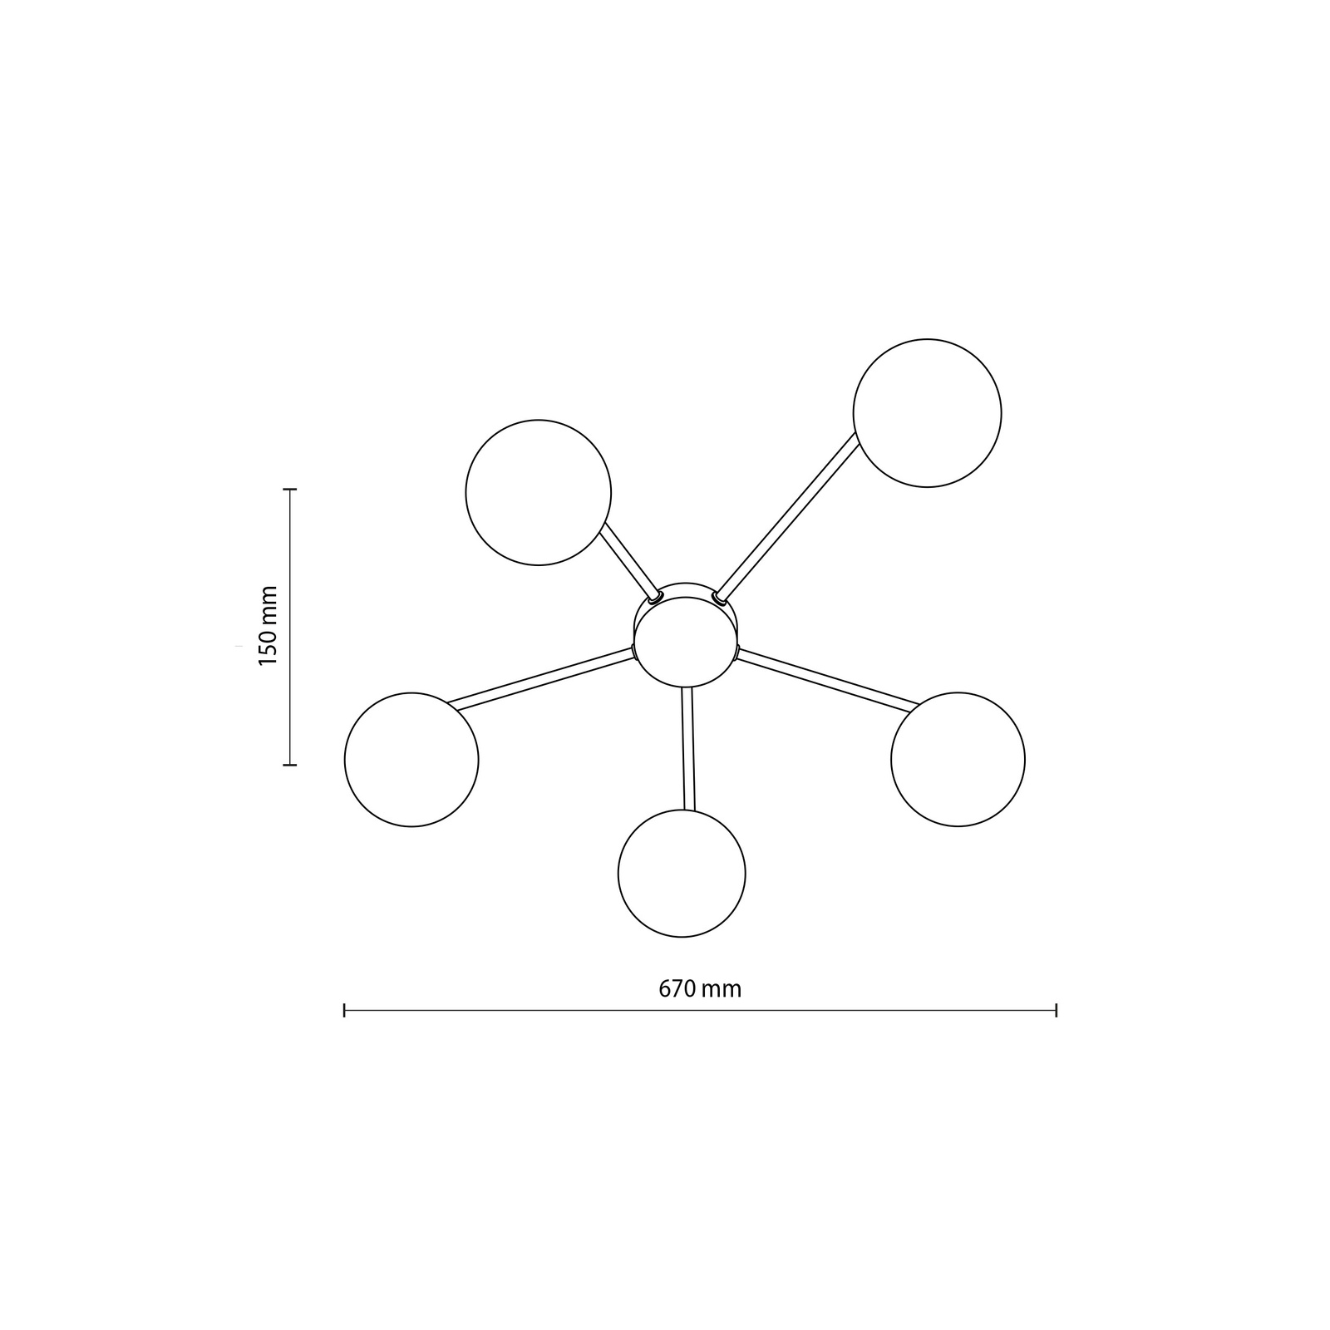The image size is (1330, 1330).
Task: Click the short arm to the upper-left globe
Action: [x=629, y=558]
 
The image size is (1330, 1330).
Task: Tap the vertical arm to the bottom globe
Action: [x=687, y=748]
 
